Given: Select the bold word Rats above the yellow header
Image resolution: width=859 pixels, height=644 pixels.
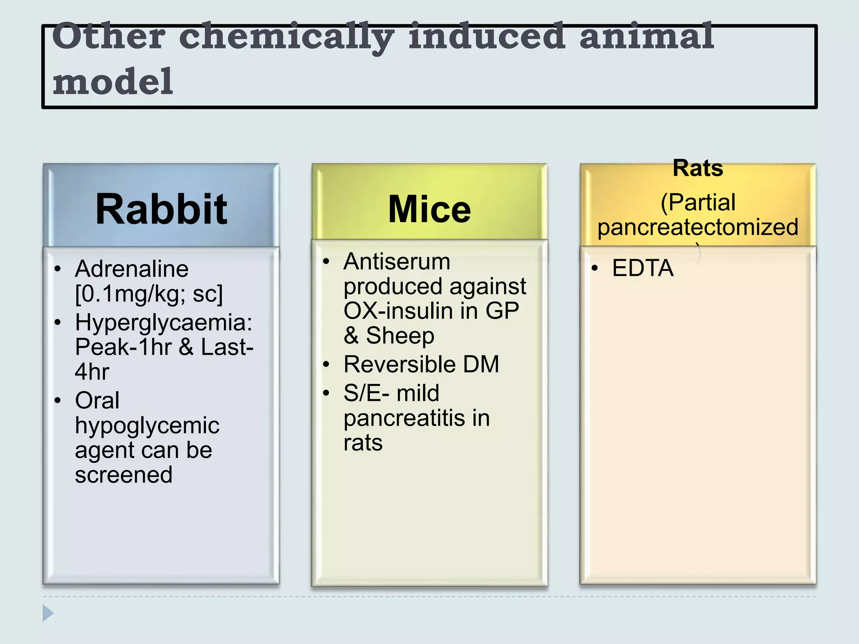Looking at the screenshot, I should [698, 168].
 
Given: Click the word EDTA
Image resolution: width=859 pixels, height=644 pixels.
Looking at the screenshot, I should [643, 268].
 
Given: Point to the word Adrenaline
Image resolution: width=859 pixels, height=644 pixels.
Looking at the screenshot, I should [132, 269].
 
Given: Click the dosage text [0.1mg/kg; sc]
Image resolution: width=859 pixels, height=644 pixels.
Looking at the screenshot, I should [149, 293].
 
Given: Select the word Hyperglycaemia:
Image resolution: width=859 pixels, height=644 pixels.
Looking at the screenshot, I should [164, 322].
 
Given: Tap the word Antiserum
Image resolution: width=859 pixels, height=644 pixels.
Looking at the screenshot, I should [397, 262].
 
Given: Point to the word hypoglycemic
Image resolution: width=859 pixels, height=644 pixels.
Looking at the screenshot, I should [147, 426].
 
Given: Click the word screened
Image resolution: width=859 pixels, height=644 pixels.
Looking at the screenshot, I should [124, 475].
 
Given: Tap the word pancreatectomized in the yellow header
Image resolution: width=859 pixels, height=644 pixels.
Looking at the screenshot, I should [698, 227].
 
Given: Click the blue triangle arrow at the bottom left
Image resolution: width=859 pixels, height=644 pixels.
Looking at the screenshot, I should [48, 613].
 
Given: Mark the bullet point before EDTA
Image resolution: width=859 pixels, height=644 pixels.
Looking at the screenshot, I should [594, 268].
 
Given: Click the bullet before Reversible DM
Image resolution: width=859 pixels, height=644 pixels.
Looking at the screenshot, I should [326, 364].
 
